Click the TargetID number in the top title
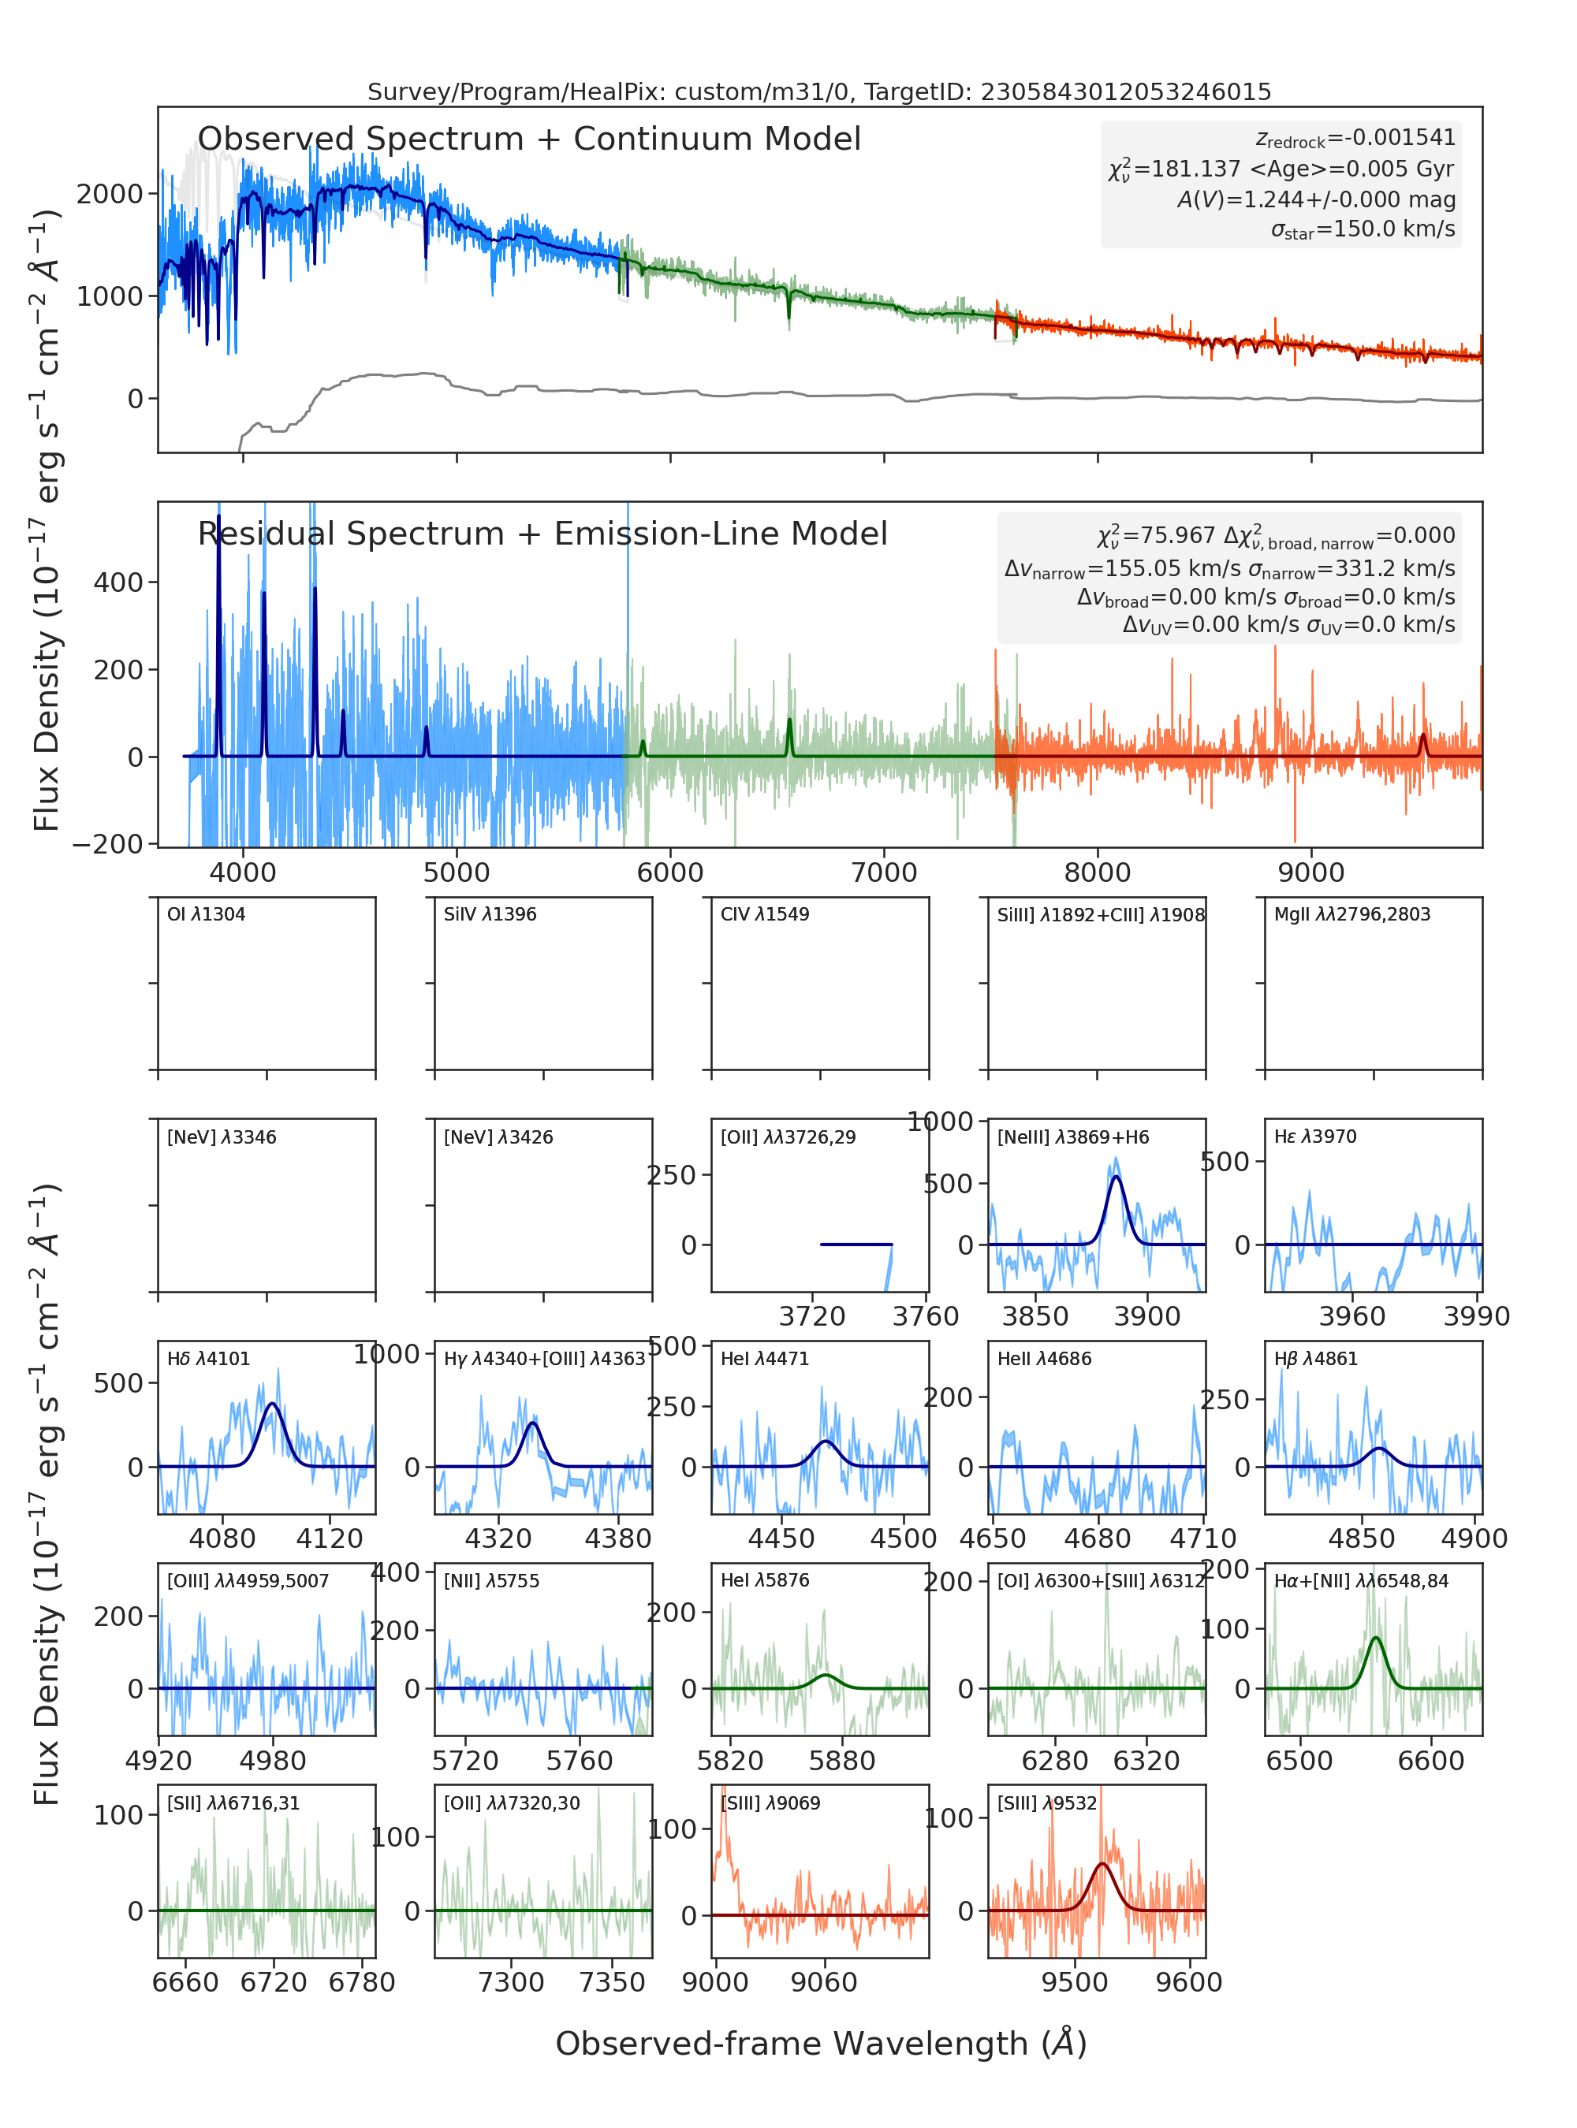[1127, 91]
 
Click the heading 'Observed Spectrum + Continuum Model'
[529, 140]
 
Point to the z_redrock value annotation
[1355, 139]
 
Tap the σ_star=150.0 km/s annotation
[1363, 229]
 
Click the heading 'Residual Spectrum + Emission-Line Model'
[542, 534]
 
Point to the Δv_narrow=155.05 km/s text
[1123, 569]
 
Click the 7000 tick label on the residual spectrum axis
[884, 872]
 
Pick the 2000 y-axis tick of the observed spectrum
[109, 194]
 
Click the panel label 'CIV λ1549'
[765, 914]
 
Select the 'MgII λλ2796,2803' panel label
[1351, 914]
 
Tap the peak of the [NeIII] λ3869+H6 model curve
[1116, 1177]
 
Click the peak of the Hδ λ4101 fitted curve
[272, 1404]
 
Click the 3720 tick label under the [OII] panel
[812, 1317]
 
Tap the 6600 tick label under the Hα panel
[1431, 1761]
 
